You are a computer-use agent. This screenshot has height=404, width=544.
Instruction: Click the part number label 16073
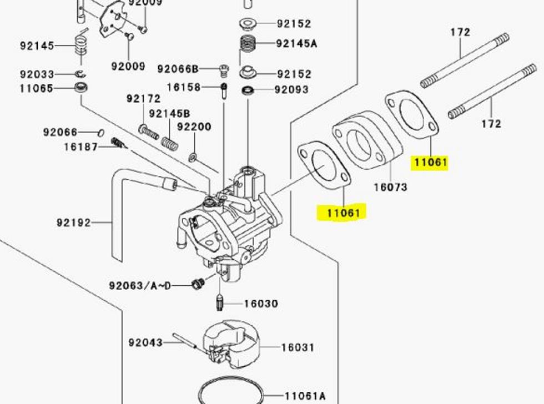point(390,187)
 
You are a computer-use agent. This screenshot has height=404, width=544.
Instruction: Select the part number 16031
point(298,347)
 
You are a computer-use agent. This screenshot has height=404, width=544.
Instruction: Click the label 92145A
point(296,44)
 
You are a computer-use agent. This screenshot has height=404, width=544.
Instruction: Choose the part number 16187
point(80,147)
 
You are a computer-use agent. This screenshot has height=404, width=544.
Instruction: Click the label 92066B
point(178,69)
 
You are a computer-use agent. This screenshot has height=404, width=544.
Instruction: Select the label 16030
point(261,304)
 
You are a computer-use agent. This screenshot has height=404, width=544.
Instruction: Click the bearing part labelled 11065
point(83,88)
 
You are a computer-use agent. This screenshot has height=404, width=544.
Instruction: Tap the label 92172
point(143,99)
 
